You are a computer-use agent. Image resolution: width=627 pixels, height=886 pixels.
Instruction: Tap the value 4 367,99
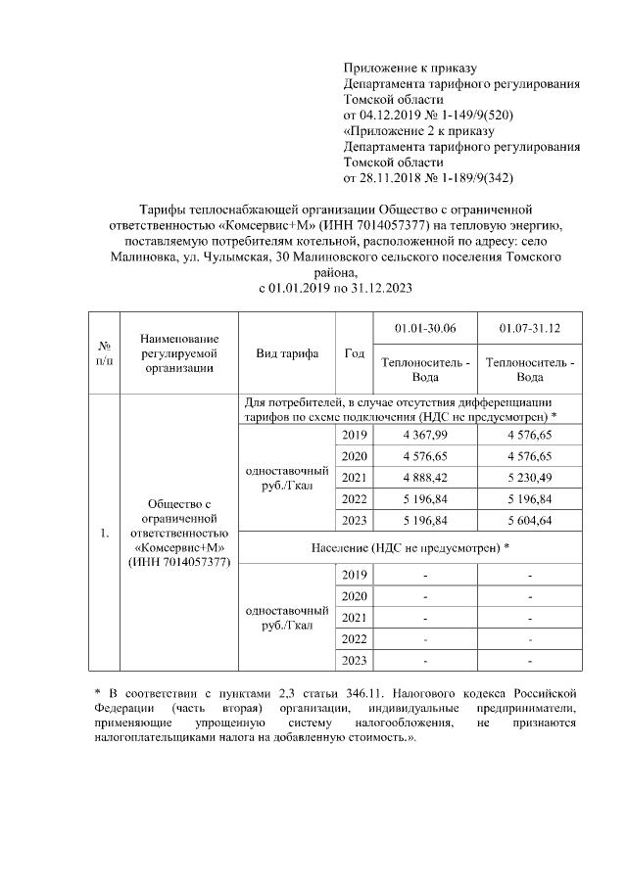click(424, 435)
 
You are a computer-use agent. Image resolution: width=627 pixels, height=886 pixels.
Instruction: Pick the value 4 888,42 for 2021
click(424, 477)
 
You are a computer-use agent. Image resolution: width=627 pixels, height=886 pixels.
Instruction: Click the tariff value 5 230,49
click(529, 477)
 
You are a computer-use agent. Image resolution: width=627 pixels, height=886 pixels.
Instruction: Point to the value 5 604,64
click(529, 520)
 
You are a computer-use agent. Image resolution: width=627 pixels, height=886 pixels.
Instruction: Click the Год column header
click(355, 353)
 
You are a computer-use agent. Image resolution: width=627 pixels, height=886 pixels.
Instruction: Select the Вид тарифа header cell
click(287, 353)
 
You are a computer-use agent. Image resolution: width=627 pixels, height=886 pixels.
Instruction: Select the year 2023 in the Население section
click(355, 661)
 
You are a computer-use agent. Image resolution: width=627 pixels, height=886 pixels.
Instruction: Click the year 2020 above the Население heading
click(355, 456)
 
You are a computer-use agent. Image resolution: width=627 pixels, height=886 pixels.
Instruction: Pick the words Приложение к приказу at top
click(410, 68)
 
